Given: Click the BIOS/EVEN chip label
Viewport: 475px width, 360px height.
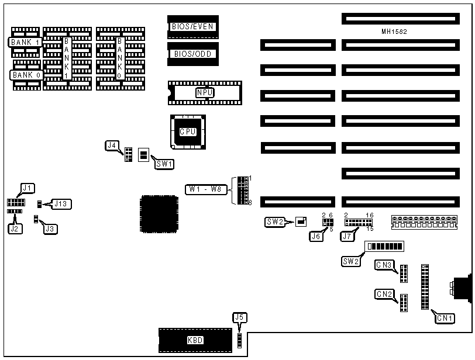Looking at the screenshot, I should [193, 26].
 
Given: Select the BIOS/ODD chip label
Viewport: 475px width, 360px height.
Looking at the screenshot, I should [193, 54].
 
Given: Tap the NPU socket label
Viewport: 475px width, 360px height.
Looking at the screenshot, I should [204, 92].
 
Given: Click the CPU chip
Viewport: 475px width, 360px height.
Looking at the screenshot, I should [188, 131].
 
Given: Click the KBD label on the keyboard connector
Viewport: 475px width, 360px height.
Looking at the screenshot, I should [195, 340].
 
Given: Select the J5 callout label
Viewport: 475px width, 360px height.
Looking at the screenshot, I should [238, 318].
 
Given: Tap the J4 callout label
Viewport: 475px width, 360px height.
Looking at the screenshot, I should [112, 145].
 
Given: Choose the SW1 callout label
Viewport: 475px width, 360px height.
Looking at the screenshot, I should [164, 164].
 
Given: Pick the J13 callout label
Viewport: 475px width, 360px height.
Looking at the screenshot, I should [61, 203].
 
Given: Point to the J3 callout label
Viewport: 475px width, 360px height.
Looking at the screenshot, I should [51, 229].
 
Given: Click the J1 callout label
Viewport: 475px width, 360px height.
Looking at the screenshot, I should [27, 188].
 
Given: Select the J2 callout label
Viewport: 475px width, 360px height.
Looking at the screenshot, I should [15, 229].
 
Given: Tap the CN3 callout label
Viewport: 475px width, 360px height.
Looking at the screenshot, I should [384, 265].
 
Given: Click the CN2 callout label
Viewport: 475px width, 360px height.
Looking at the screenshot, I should [384, 294].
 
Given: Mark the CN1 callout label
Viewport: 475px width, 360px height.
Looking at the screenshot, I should [445, 318].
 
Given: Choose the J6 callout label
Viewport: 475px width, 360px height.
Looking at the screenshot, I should [316, 236].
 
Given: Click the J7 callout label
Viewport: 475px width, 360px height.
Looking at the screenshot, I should [347, 236].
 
